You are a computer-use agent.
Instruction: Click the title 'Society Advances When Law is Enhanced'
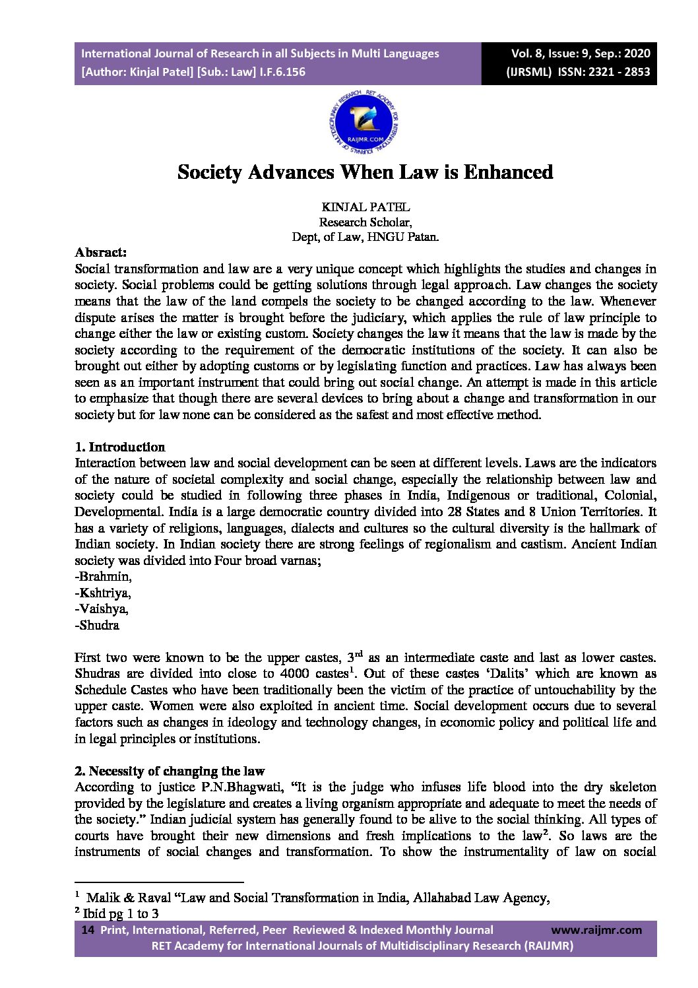[365, 172]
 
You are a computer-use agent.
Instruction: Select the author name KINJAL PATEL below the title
[365, 207]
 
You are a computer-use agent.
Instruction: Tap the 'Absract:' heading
[101, 252]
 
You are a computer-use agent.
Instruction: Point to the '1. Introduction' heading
[120, 447]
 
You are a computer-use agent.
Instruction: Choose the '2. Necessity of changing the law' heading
[170, 771]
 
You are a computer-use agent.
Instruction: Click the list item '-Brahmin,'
[104, 576]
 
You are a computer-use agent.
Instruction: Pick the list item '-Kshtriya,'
[103, 593]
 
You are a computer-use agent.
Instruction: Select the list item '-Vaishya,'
[102, 609]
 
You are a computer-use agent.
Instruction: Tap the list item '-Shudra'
[97, 625]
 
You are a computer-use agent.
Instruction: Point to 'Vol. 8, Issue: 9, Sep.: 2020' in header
[581, 53]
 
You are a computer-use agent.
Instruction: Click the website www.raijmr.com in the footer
[596, 930]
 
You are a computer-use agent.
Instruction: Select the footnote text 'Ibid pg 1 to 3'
[121, 913]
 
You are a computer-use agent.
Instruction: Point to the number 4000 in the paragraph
[294, 673]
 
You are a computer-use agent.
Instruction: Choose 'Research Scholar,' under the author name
[365, 222]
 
